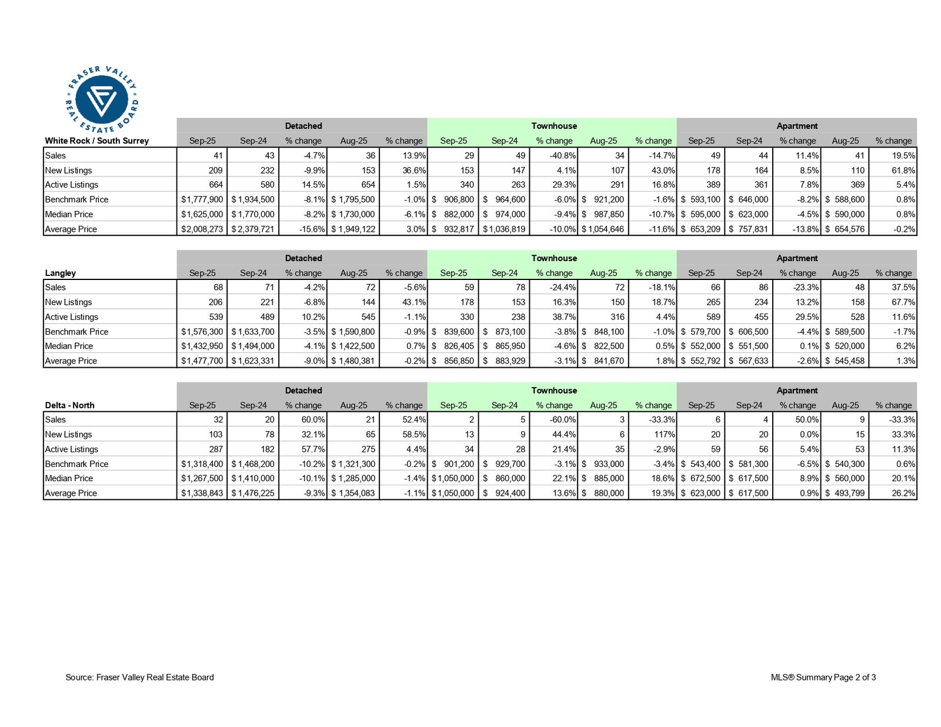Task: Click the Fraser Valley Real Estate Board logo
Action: (102, 99)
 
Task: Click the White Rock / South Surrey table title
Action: (97, 141)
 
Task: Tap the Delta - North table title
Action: (69, 405)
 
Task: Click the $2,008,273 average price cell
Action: (202, 229)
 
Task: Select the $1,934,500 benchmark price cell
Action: (253, 199)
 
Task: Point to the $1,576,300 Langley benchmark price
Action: (202, 332)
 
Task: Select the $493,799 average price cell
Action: (845, 493)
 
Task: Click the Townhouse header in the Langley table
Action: (554, 258)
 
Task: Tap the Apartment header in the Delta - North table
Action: (797, 391)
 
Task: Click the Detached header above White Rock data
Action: (303, 126)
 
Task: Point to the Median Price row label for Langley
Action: (69, 346)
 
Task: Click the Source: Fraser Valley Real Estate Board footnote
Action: (140, 677)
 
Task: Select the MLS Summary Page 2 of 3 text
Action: (823, 677)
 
